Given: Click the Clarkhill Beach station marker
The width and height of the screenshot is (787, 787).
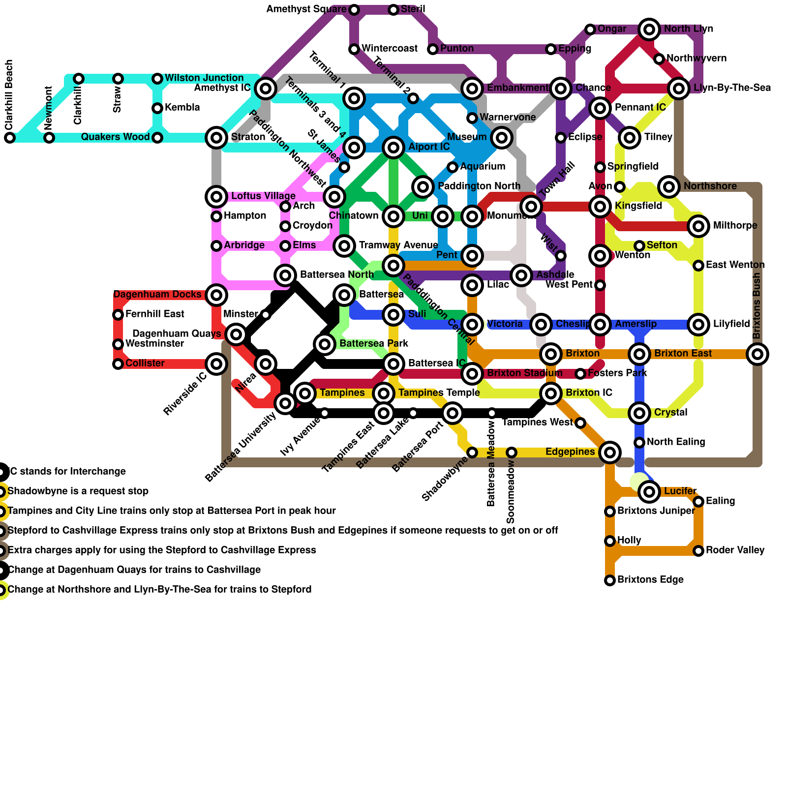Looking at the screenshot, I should click(x=10, y=138).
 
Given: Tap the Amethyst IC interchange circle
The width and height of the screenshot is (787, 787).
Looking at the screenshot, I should click(x=266, y=89).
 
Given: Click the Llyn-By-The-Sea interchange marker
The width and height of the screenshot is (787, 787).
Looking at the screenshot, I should click(x=679, y=89).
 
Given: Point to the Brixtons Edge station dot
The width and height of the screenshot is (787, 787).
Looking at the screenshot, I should click(x=610, y=580).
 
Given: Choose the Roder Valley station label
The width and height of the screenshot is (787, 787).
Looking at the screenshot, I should click(x=735, y=550).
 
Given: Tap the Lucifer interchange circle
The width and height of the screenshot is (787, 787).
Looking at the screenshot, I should click(x=649, y=491).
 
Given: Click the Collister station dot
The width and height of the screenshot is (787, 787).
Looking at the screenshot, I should click(x=118, y=364).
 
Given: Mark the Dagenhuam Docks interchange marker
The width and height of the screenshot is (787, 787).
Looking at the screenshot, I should click(x=216, y=295).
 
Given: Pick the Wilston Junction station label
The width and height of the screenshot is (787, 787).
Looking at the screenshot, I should click(x=204, y=78).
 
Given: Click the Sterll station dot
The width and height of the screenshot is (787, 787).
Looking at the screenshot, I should click(x=393, y=10).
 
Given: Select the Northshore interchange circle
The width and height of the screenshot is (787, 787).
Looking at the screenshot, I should click(x=669, y=186).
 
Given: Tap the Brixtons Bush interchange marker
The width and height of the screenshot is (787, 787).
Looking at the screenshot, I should click(x=757, y=354).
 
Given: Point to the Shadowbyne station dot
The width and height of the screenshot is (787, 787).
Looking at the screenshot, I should click(x=472, y=453).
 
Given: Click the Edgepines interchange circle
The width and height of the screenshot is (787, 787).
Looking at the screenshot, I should click(x=610, y=452).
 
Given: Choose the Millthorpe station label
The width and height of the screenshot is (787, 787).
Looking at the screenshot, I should click(x=735, y=226).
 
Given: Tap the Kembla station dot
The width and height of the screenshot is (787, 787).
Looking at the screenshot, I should click(x=157, y=108).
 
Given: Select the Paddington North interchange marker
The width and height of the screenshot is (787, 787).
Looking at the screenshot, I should click(x=423, y=186).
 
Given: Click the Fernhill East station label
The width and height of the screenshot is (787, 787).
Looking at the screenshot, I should click(x=155, y=314).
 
